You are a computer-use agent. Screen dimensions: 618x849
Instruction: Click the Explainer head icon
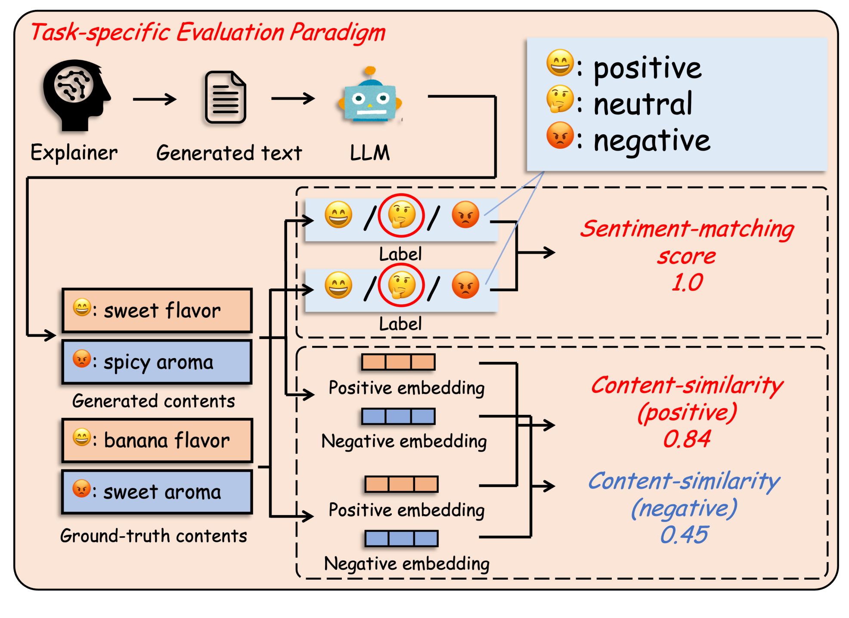tap(76, 95)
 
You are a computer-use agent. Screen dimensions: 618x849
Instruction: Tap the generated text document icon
tap(225, 97)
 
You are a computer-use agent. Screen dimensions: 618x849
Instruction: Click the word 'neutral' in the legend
tap(642, 104)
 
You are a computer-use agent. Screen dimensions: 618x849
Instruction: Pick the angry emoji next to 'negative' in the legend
tap(560, 136)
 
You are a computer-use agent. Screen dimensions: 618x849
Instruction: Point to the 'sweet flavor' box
tap(157, 310)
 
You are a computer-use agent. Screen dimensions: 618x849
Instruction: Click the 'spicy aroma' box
tap(157, 362)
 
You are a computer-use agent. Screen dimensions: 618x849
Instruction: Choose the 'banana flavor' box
tap(157, 440)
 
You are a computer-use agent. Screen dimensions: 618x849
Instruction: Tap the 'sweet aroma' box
tap(157, 492)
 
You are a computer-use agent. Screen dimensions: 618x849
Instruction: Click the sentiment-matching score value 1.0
tap(687, 283)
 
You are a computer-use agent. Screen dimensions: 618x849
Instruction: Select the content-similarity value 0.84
tap(687, 439)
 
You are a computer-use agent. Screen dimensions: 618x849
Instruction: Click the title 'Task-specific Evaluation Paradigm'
tap(208, 32)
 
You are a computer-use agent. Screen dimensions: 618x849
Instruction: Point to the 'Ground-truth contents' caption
tap(154, 536)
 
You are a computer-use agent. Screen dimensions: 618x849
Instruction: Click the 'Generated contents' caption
tap(154, 401)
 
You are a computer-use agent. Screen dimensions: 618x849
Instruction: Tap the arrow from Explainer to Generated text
tap(155, 99)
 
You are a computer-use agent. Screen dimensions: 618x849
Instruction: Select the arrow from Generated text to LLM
tap(293, 99)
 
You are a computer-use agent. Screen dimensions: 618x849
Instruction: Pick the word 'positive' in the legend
tap(648, 68)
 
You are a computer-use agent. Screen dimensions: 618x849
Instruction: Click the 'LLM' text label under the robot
tap(370, 153)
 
